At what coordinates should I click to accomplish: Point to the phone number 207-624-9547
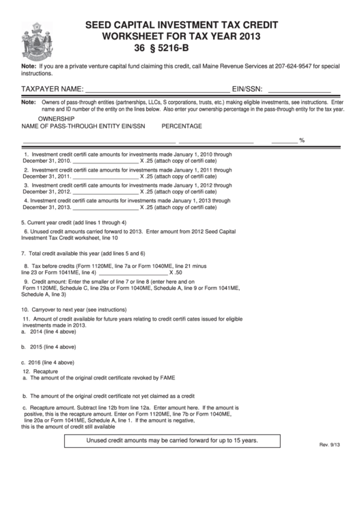299,66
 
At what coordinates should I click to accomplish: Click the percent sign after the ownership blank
301,140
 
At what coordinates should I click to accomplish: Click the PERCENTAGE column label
182,126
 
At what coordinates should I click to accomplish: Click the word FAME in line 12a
167,377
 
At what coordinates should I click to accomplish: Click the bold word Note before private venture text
29,66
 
